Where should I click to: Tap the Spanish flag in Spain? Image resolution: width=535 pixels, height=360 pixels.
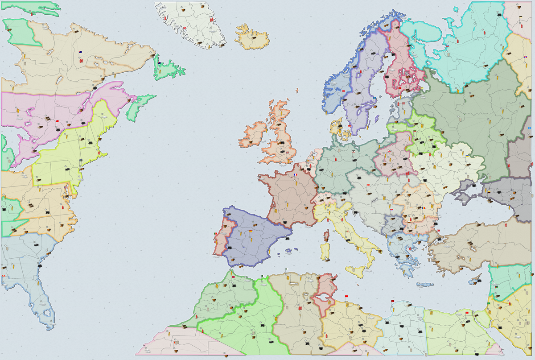coord(251,232)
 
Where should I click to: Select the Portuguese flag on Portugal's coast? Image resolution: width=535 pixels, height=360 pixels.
coord(216,234)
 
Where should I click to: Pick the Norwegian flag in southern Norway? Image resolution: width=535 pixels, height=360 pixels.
coord(344,91)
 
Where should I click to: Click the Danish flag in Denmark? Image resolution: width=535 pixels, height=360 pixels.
coord(350,126)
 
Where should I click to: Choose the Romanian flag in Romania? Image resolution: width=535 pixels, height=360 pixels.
coord(424,207)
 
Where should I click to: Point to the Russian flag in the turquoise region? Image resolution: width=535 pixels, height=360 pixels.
coord(447,46)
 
